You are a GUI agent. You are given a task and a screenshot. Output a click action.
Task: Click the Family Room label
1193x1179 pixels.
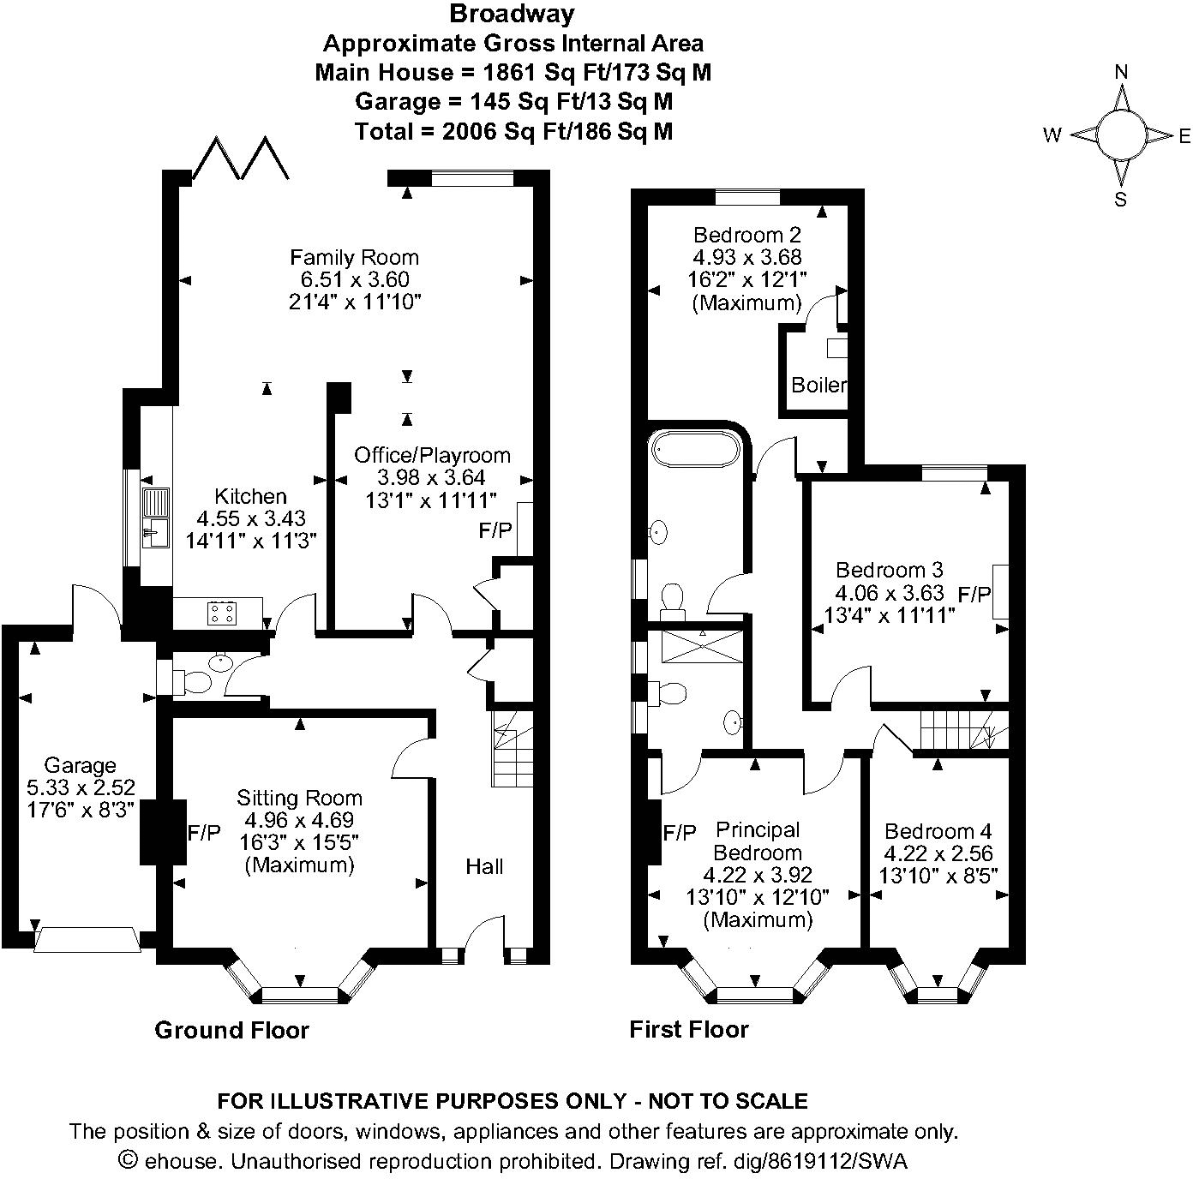pyautogui.click(x=354, y=258)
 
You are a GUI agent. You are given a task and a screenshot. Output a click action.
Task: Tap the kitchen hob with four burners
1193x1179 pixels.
pyautogui.click(x=222, y=613)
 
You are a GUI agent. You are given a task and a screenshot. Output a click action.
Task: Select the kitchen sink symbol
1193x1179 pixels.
pyautogui.click(x=155, y=518)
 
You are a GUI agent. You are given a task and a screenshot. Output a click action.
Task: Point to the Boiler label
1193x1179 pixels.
pyautogui.click(x=818, y=386)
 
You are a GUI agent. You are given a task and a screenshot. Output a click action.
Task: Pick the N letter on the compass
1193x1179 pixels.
pyautogui.click(x=1120, y=73)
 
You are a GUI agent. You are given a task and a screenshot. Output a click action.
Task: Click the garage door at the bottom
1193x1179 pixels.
pyautogui.click(x=87, y=939)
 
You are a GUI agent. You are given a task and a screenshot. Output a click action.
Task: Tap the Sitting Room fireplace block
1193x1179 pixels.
pyautogui.click(x=163, y=832)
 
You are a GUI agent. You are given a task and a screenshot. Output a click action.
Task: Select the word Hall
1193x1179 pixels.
pyautogui.click(x=484, y=866)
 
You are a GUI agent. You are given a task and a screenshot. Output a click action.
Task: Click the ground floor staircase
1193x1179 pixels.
pyautogui.click(x=512, y=749)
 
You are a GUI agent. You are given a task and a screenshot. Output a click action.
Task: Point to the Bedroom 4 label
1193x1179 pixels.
pyautogui.click(x=938, y=831)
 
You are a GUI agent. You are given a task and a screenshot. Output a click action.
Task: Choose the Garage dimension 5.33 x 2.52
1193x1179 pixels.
pyautogui.click(x=81, y=787)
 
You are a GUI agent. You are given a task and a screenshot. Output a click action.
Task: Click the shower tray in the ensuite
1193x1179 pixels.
pyautogui.click(x=702, y=646)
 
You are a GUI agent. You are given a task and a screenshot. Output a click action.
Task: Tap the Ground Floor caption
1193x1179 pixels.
pyautogui.click(x=231, y=1030)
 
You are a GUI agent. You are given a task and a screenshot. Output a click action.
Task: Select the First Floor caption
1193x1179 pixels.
pyautogui.click(x=689, y=1029)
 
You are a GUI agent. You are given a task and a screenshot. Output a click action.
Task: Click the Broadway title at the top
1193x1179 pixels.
pyautogui.click(x=512, y=14)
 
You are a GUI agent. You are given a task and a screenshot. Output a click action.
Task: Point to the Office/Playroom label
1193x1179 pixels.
pyautogui.click(x=432, y=455)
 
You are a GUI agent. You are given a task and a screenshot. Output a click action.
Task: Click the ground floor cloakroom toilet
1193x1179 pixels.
pyautogui.click(x=196, y=682)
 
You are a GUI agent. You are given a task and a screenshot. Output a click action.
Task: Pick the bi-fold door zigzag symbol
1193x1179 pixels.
pyautogui.click(x=241, y=158)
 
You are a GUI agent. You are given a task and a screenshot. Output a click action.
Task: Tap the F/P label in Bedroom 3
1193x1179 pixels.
pyautogui.click(x=974, y=595)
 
